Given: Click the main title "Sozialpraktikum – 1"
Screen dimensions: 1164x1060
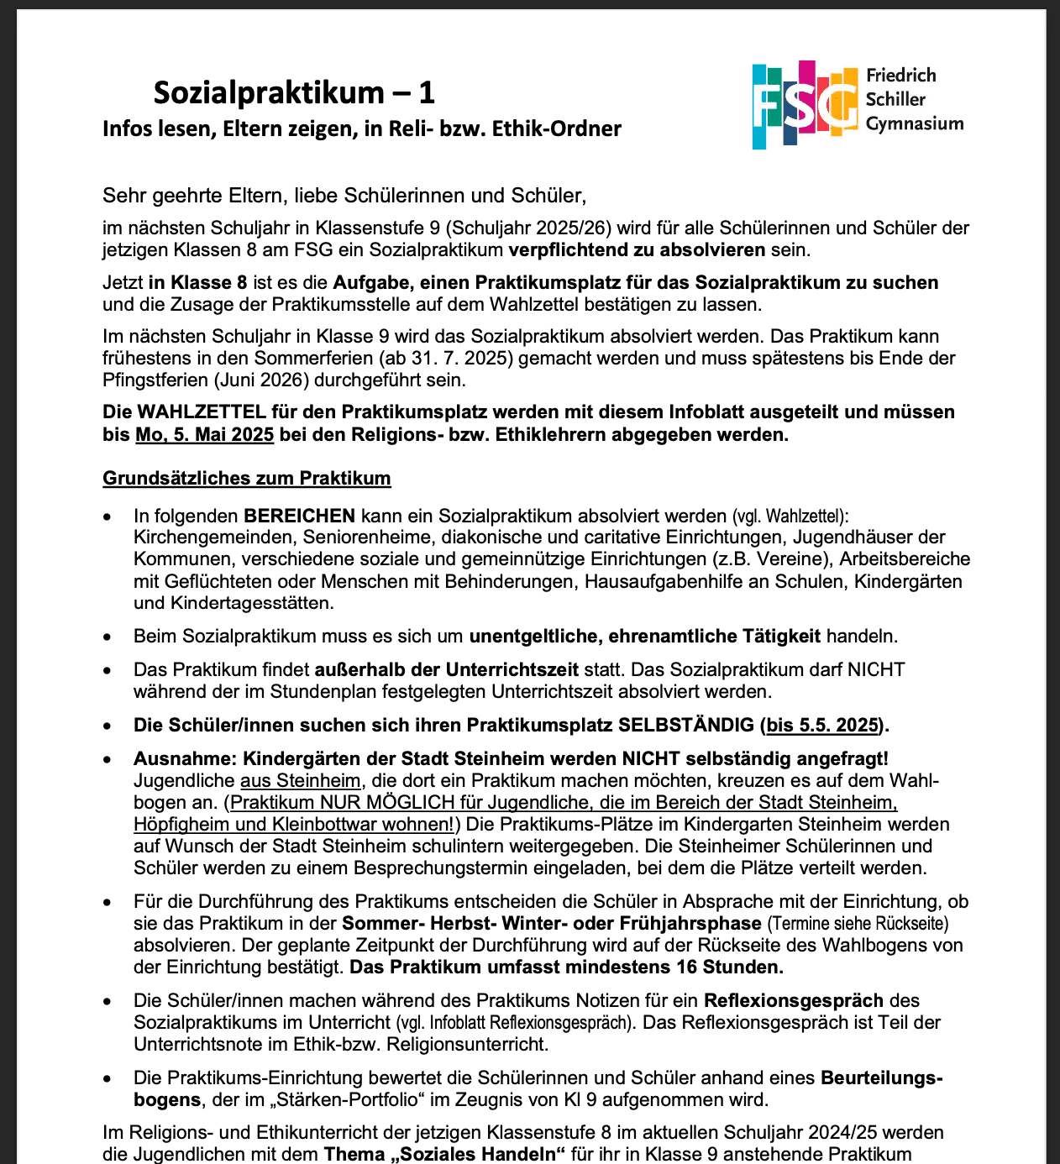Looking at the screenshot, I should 294,92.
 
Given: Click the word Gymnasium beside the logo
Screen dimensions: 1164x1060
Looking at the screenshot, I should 915,124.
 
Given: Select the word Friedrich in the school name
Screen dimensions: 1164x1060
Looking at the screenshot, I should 901,76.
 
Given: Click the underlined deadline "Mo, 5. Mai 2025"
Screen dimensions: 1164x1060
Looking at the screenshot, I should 204,434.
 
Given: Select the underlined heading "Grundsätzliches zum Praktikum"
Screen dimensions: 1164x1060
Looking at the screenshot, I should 246,478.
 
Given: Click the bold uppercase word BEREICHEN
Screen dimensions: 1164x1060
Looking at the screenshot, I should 299,515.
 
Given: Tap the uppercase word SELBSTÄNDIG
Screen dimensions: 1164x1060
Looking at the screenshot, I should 686,725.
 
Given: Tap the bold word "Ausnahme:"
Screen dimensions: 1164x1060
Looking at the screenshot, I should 174,758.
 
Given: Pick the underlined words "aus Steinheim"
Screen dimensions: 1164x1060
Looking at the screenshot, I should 301,780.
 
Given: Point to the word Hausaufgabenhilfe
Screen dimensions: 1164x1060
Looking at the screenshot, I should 664,581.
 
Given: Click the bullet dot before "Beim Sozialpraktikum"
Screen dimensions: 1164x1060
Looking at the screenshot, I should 107,637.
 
